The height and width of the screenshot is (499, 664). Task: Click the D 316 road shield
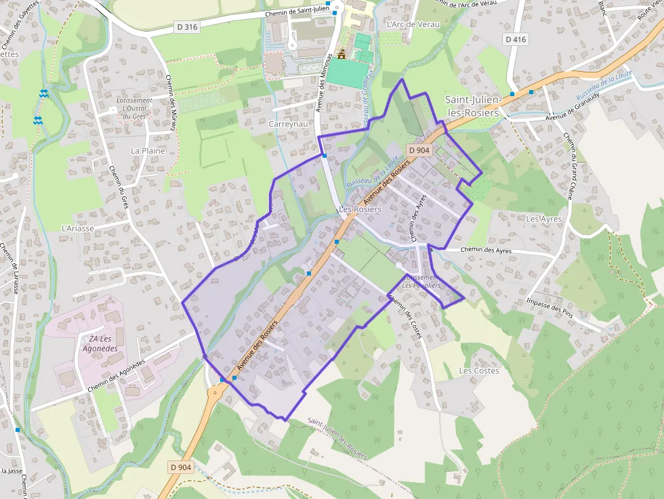point(186,27)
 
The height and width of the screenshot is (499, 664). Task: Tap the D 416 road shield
point(515,40)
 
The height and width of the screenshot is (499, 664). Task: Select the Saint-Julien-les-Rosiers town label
point(472,106)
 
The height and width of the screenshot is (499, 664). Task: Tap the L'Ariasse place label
point(77,228)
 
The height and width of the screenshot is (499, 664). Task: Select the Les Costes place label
point(479,370)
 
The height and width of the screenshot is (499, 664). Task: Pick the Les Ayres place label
point(544,219)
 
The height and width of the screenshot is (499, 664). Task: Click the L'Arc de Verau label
point(413,24)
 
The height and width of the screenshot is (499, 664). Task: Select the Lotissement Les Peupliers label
point(421,281)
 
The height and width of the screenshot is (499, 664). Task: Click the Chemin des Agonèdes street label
point(116,376)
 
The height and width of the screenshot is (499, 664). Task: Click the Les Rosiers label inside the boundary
point(360,210)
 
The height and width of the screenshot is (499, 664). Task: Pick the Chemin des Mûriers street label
point(171,100)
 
